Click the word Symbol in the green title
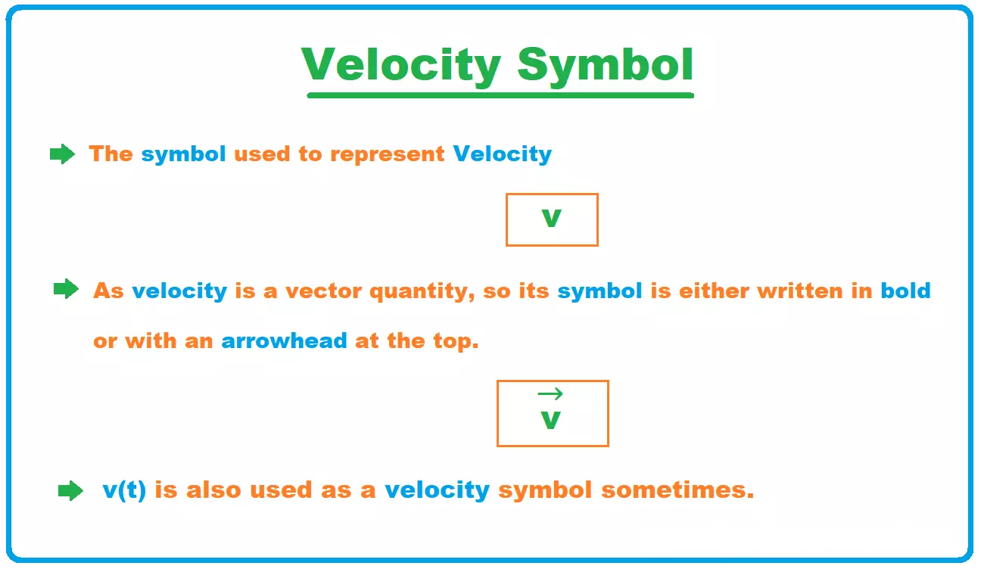[x=606, y=67]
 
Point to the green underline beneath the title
[x=500, y=95]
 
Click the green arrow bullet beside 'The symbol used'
[x=62, y=154]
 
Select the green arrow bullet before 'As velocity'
[x=66, y=289]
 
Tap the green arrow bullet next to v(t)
[x=70, y=490]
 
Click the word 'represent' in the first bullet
[x=388, y=155]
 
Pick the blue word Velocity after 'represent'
[x=503, y=154]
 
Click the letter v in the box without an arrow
[x=551, y=219]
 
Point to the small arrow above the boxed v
[x=550, y=394]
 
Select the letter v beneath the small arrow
[x=550, y=421]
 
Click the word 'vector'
[x=323, y=291]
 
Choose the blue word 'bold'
[x=905, y=291]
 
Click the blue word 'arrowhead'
[x=284, y=340]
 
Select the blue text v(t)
[x=124, y=490]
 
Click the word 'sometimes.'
[x=677, y=490]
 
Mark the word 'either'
[x=714, y=291]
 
